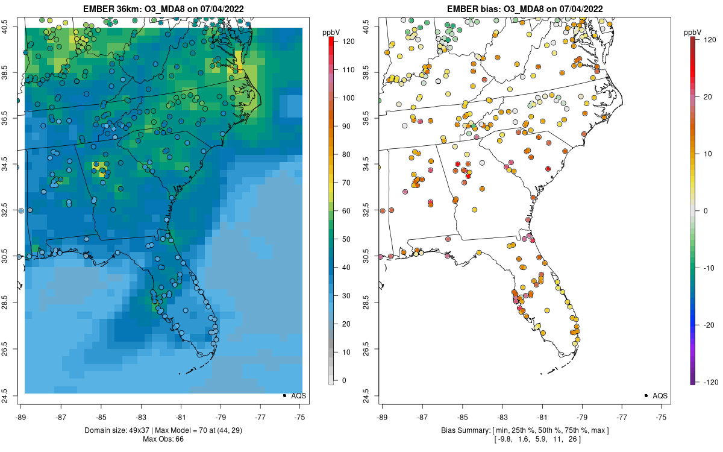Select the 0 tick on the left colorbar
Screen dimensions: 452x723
tap(345, 380)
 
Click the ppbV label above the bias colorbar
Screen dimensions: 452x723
tap(693, 31)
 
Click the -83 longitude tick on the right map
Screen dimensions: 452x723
tap(502, 416)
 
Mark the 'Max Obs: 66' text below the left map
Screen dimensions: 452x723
tap(163, 439)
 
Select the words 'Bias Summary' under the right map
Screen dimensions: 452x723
tap(463, 430)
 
